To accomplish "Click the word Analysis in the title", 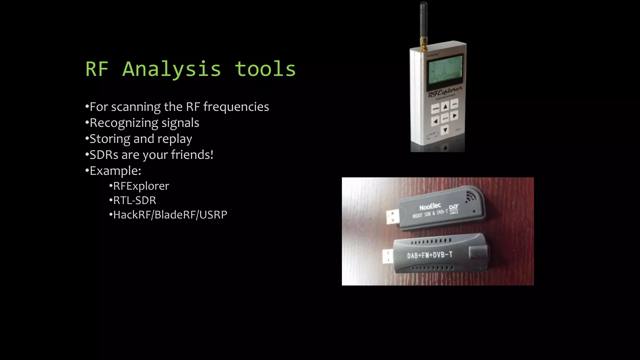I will click(172, 69).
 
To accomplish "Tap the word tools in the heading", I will click(265, 69).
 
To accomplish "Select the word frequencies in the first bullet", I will click(236, 107).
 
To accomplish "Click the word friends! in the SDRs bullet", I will click(192, 155).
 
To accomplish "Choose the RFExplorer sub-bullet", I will click(141, 186).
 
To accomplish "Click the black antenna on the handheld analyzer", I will click(423, 22).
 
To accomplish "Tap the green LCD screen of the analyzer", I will click(445, 69).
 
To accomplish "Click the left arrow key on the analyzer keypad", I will click(435, 121).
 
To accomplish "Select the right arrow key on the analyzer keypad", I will click(455, 116).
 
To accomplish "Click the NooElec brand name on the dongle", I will click(430, 207).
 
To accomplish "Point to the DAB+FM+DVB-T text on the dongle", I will click(430, 255).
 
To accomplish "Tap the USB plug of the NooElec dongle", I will click(392, 217).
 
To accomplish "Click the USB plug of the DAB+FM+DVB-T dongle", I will click(388, 257).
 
